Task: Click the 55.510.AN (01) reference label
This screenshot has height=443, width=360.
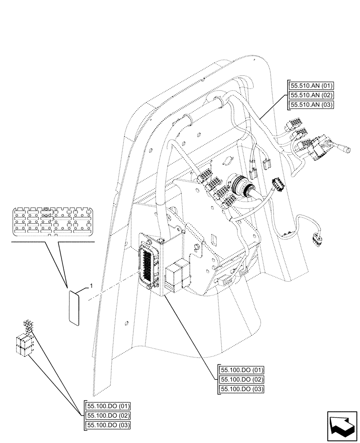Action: (x=311, y=86)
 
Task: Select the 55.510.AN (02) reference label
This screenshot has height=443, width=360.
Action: (x=311, y=95)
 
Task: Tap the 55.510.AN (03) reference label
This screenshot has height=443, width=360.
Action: (x=311, y=105)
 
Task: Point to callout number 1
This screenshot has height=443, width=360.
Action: (x=91, y=287)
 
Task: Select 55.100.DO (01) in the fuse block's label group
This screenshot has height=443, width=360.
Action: (x=241, y=371)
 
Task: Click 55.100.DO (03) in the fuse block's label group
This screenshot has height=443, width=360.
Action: (x=241, y=389)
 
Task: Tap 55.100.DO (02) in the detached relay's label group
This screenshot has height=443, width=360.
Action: (x=106, y=416)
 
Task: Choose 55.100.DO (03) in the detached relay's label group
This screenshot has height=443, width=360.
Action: (x=106, y=425)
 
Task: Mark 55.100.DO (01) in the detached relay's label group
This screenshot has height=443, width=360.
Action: (x=106, y=407)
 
